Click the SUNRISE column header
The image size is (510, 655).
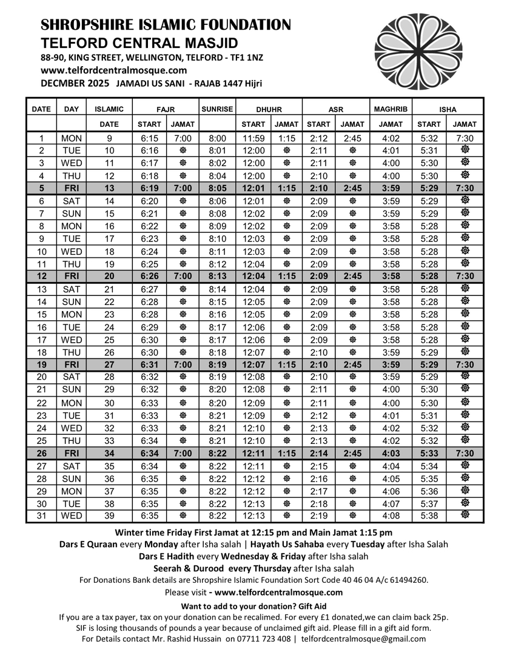coord(217,109)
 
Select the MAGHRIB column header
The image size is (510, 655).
coord(391,109)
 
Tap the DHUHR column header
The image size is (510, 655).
coord(269,110)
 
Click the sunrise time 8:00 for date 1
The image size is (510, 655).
coord(217,138)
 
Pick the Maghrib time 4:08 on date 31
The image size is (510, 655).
coord(391,516)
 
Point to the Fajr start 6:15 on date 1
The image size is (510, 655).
coord(149,138)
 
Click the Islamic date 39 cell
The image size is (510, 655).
coord(109,516)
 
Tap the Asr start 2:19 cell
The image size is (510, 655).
coord(318,516)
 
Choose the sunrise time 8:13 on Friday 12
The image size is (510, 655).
coord(217,277)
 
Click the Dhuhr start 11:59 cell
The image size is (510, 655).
coord(253,138)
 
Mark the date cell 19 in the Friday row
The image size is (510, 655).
coord(41,365)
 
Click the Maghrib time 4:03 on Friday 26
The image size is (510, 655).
coord(391,453)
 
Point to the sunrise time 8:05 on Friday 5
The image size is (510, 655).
coord(217,188)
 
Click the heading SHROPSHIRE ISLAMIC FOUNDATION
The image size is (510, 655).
coord(166,25)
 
